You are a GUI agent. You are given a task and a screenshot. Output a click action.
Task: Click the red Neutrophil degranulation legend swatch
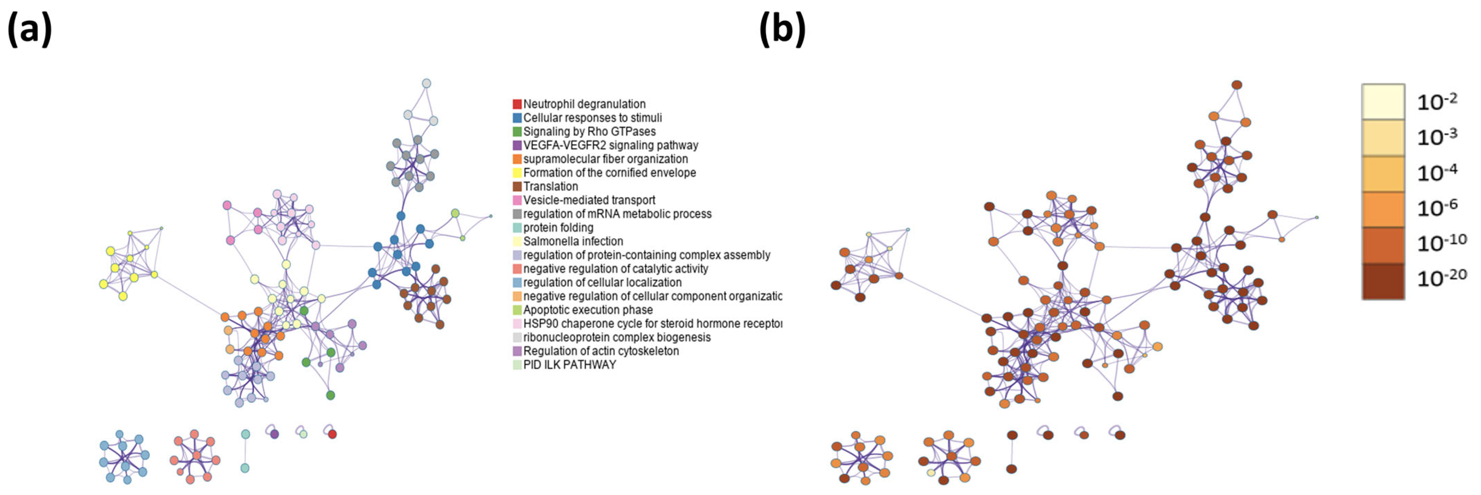point(517,104)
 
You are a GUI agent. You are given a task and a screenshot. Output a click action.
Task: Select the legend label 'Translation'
point(550,186)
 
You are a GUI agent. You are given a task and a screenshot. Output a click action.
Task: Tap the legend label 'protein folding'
point(558,228)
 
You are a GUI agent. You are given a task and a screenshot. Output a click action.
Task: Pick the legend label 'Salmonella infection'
point(573,242)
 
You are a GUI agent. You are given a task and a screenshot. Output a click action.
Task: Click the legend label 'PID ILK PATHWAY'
point(569,365)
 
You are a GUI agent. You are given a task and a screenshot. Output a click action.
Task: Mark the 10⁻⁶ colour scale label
point(1437,208)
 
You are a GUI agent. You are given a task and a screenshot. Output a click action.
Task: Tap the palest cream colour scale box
point(1383,102)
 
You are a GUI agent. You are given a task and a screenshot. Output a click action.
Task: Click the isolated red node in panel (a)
point(332,434)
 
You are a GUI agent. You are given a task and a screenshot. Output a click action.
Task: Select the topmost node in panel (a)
point(426,83)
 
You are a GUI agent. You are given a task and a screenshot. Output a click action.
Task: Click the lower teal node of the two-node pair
point(245,468)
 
